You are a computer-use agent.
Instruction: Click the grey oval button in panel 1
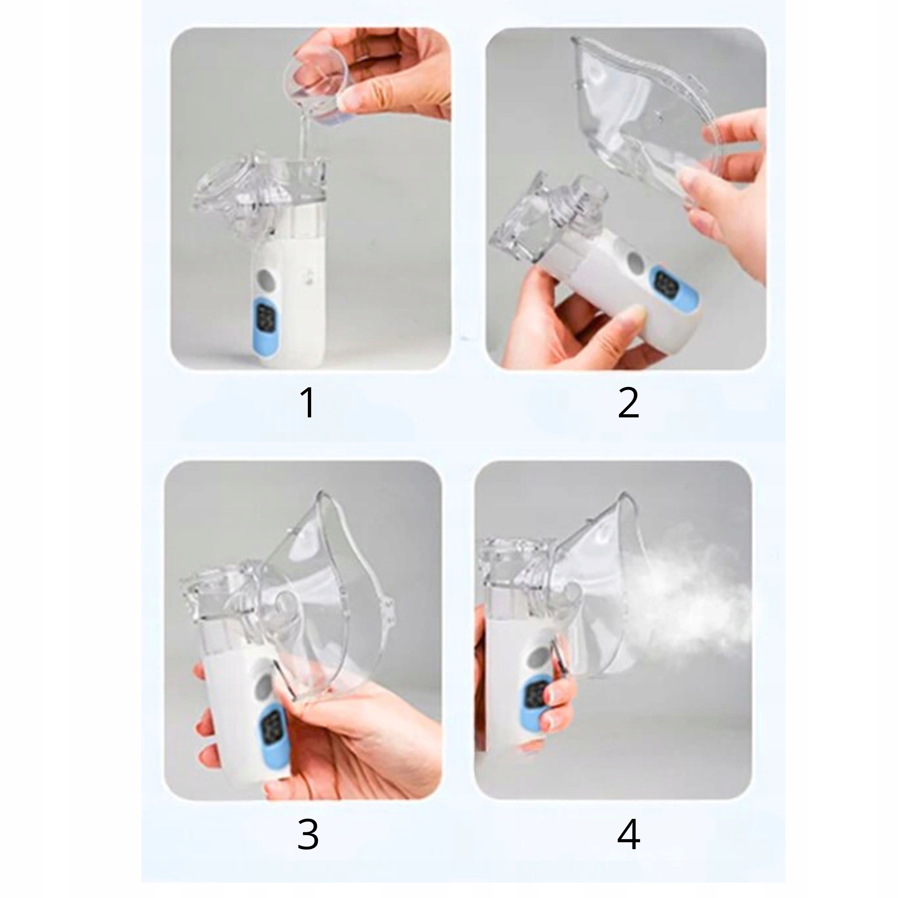click(x=267, y=279)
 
